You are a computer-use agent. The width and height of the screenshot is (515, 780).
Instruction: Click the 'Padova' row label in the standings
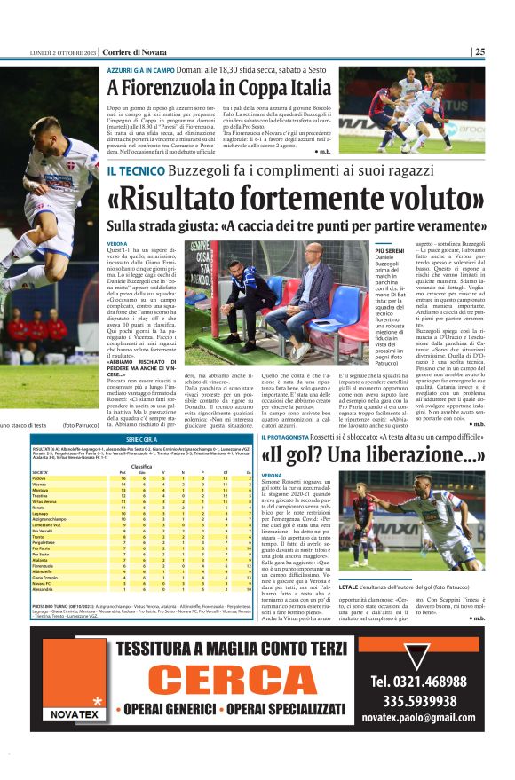41,478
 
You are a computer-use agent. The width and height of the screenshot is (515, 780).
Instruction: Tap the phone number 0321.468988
432,682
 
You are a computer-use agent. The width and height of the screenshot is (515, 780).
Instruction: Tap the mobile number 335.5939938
431,699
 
